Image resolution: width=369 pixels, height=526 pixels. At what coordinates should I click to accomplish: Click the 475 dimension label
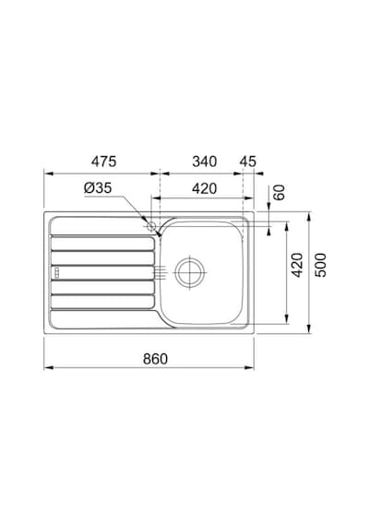click(x=103, y=161)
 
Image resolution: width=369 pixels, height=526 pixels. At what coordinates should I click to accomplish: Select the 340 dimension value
click(x=204, y=161)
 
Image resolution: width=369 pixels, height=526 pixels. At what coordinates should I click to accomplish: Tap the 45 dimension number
click(x=248, y=161)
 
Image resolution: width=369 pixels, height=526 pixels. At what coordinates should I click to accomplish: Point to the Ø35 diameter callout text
click(x=98, y=188)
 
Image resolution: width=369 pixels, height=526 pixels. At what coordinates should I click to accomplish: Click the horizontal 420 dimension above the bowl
click(x=204, y=189)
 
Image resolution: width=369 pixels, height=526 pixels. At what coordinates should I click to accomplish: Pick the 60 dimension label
click(x=279, y=193)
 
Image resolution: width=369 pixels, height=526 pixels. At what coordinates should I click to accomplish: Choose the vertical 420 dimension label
click(x=297, y=265)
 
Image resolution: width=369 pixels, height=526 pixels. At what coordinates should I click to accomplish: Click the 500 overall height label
click(x=320, y=265)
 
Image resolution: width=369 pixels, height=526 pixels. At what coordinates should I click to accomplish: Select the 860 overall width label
click(x=155, y=359)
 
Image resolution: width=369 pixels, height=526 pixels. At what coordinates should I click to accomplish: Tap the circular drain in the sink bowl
click(x=190, y=272)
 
